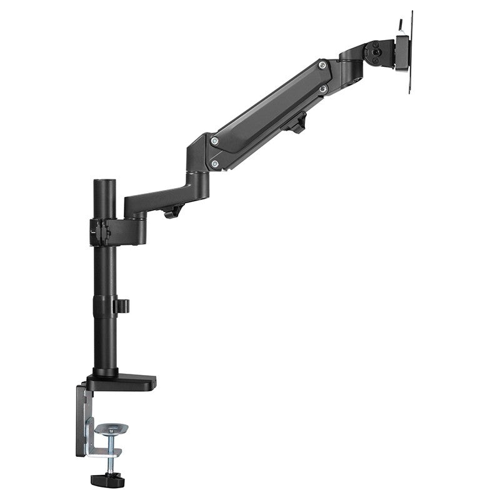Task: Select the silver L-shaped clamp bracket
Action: (x=92, y=437)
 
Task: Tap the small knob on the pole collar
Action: (x=122, y=306)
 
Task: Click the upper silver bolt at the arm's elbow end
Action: (x=214, y=142)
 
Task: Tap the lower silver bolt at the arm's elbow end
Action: (x=214, y=164)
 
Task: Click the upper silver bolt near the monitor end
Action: (x=321, y=65)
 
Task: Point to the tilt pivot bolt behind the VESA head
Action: (x=376, y=49)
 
